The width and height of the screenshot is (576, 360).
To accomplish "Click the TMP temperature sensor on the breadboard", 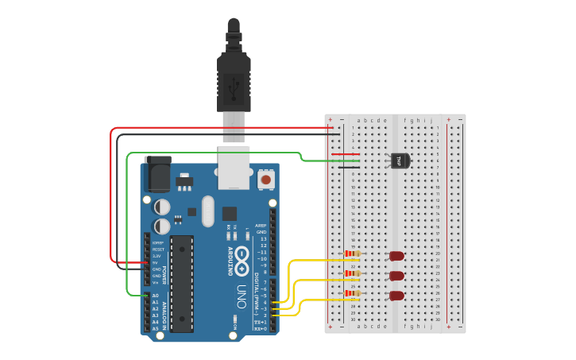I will (400, 161).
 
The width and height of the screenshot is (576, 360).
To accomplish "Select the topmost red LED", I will (396, 256).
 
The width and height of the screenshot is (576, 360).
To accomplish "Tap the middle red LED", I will (396, 276).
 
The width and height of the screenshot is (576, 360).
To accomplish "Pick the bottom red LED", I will (396, 296).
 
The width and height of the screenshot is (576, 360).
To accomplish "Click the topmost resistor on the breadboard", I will (351, 255).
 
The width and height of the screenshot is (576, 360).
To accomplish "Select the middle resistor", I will (351, 273).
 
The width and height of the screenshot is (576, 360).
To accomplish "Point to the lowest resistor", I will (351, 293).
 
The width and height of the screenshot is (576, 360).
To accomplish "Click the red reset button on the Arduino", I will (266, 180).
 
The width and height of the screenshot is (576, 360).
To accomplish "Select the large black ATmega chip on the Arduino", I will (182, 283).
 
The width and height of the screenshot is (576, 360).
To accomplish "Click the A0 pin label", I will (155, 296).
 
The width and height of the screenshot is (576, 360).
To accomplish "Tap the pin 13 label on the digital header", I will (263, 238).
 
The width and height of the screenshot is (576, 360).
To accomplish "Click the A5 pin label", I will (155, 328).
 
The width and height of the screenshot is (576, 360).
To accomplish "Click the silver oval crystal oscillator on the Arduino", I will (208, 211).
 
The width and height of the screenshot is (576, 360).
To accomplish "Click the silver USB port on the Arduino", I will (234, 167).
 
